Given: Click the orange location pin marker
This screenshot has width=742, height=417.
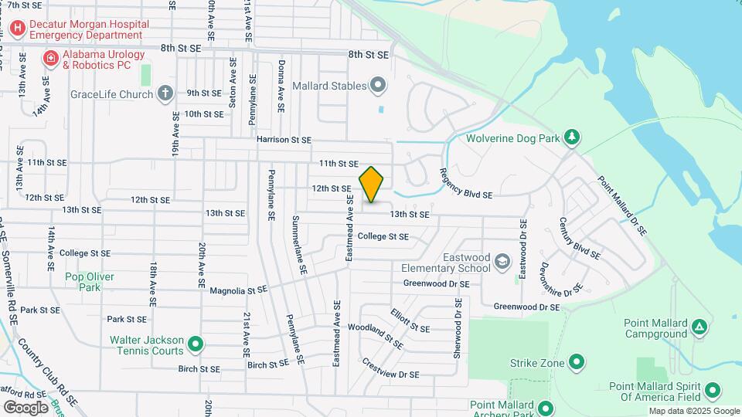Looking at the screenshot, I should [x=372, y=185].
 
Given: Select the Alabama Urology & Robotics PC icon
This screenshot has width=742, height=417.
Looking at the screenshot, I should [x=51, y=59].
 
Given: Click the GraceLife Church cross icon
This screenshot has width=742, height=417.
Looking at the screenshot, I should [x=165, y=94].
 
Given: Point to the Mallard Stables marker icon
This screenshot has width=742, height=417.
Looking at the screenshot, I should [x=377, y=85].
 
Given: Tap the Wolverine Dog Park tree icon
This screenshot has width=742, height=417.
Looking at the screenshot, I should [x=571, y=138].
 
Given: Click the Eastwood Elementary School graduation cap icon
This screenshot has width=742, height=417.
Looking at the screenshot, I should [x=503, y=262].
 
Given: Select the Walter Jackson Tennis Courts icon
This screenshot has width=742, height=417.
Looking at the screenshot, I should [x=196, y=344].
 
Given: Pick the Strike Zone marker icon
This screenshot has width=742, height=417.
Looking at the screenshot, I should [x=577, y=362].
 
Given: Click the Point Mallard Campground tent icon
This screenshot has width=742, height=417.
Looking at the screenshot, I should [x=699, y=327].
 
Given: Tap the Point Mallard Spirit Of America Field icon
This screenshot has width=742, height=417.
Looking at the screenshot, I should [x=713, y=392].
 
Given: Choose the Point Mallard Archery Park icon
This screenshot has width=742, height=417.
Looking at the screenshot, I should [x=546, y=409].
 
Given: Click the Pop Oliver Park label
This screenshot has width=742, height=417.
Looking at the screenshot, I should [x=90, y=282].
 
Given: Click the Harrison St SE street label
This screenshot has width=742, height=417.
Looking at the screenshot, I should [x=284, y=140].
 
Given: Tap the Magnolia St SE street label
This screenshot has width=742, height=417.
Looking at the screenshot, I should [x=238, y=290].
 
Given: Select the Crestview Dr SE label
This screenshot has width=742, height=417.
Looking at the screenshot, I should [x=390, y=370].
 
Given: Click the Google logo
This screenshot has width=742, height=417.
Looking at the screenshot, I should [x=26, y=407].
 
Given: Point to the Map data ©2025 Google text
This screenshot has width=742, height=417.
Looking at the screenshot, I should [x=693, y=411].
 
